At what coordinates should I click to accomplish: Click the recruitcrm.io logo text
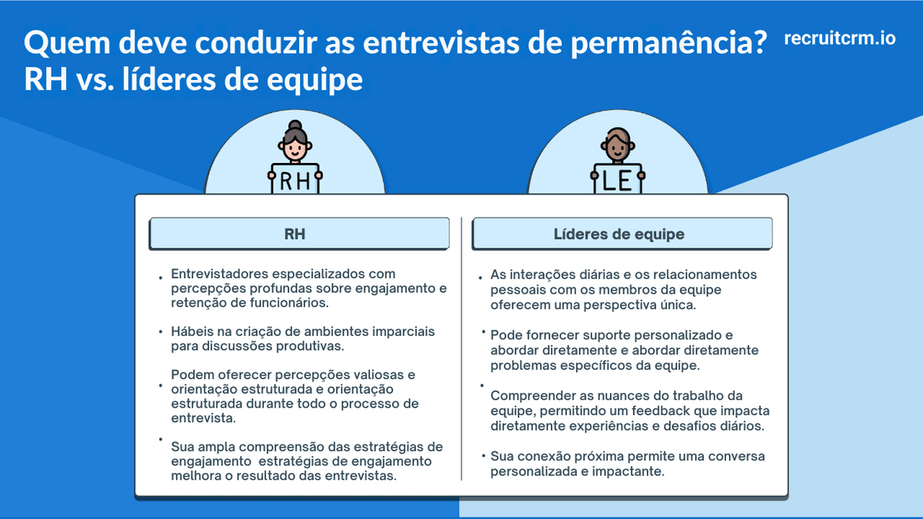pos(840,38)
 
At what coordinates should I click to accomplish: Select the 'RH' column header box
pos(298,234)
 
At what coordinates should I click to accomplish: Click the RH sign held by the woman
pos(295,181)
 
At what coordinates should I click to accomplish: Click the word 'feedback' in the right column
pos(654,411)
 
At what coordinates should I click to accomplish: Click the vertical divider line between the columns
pos(461,346)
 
